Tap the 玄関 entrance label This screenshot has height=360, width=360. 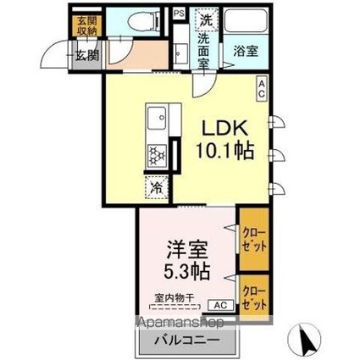pos(84,57)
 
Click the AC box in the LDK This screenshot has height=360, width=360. pos(263,88)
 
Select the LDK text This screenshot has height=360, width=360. pos(224,126)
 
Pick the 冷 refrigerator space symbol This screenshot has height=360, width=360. pos(157,188)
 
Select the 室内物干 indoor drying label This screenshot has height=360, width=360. pos(174,297)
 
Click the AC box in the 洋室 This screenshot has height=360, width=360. pos(218,306)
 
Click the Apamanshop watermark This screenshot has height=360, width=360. pos(174,323)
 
